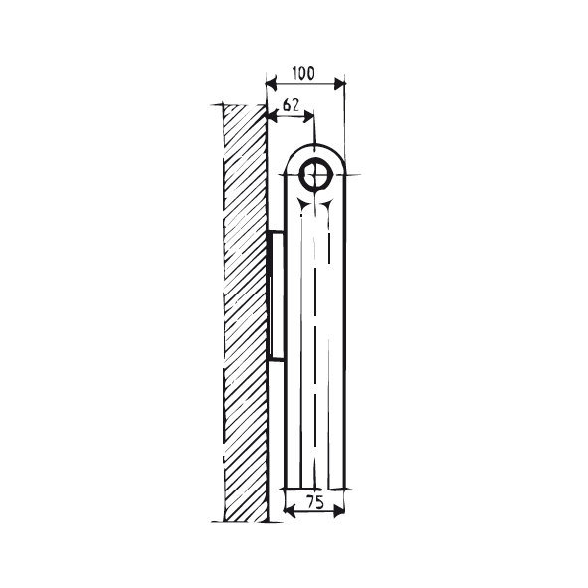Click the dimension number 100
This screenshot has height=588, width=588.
pos(303,73)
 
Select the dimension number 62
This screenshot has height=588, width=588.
pos(292,103)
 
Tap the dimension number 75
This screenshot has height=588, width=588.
pos(314,502)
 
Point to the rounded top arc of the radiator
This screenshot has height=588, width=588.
pos(316,145)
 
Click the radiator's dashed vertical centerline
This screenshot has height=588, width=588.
pos(316,348)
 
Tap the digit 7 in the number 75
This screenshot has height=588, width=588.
pos(308,502)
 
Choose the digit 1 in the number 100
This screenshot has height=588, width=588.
pos(294,73)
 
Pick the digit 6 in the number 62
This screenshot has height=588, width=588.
pos(287,103)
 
